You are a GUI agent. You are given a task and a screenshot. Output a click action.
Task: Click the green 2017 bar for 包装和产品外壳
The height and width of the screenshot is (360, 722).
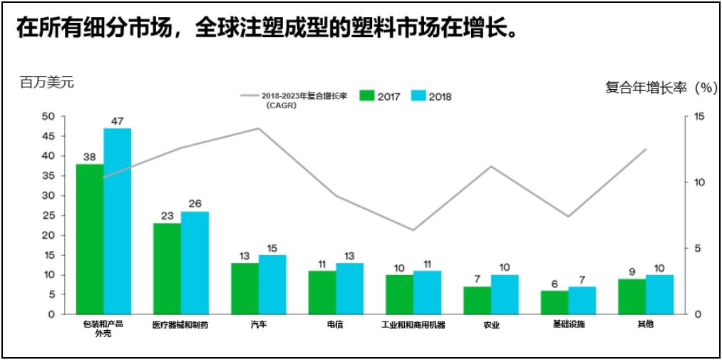tap(90, 239)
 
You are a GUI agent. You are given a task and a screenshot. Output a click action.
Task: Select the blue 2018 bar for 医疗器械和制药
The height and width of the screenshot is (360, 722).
tap(195, 262)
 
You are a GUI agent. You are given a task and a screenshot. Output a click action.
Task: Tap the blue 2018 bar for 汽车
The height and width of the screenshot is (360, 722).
tap(272, 284)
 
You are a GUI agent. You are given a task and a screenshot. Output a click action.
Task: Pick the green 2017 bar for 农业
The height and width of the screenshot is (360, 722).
tap(477, 300)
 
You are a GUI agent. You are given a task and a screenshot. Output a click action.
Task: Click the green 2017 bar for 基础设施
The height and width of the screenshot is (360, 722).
tap(555, 302)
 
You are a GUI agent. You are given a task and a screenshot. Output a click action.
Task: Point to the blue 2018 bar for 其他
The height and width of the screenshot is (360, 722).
tap(659, 294)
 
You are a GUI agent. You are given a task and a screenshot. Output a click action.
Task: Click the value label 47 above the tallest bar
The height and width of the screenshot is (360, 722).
tap(118, 121)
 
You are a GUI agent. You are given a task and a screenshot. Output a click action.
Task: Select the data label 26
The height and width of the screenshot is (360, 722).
tap(195, 204)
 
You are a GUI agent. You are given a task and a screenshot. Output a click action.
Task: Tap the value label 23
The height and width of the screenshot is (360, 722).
tap(167, 216)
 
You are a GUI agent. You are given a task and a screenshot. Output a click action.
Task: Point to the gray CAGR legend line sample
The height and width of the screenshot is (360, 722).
tap(249, 96)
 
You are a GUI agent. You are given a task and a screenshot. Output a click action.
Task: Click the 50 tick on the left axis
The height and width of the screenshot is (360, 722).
tap(48, 116)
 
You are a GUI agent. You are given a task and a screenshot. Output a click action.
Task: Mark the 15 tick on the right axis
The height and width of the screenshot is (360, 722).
tap(698, 116)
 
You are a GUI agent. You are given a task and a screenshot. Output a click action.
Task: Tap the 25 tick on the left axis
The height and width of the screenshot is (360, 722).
tap(48, 215)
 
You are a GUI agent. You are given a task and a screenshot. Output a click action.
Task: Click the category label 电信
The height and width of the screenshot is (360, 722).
tap(335, 324)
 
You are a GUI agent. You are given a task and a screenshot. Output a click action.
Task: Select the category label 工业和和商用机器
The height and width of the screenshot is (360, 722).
tap(413, 324)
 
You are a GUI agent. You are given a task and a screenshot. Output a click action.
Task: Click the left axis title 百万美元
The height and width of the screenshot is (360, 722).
tap(47, 83)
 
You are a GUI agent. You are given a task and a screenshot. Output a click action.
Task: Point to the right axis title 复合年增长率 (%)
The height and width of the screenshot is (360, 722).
tap(660, 88)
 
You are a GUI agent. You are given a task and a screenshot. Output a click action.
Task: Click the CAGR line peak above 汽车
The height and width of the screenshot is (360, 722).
tap(258, 128)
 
